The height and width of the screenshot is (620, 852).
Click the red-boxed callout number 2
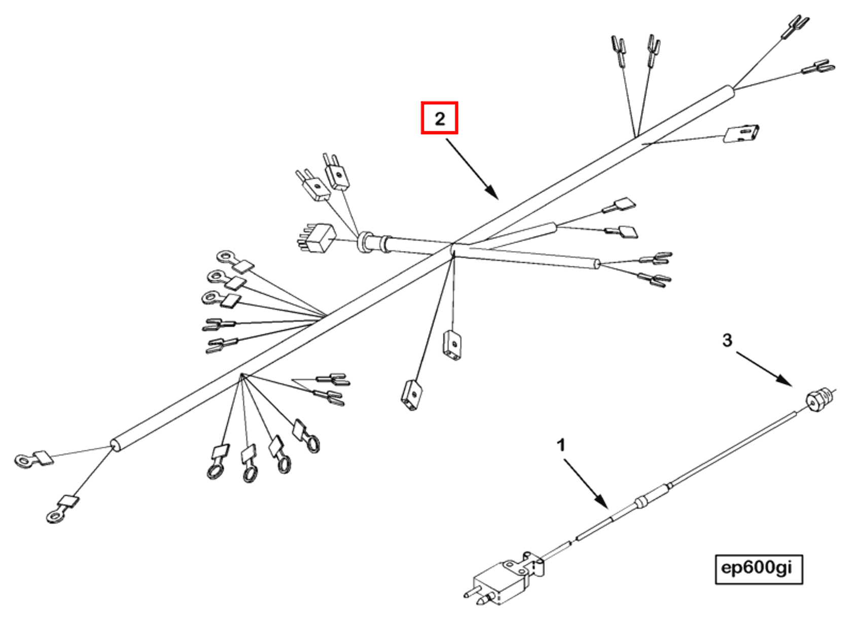coord(439,118)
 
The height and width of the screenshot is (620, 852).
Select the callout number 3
coord(727,340)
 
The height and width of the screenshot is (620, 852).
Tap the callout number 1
coord(560,445)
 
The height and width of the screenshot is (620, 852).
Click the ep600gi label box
coord(758,569)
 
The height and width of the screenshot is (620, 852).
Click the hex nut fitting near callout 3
coord(817,400)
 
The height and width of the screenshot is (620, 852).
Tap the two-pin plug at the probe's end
coord(500,583)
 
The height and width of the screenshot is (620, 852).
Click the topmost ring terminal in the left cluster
coord(226,257)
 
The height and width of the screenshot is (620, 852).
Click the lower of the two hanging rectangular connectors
coord(412,396)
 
